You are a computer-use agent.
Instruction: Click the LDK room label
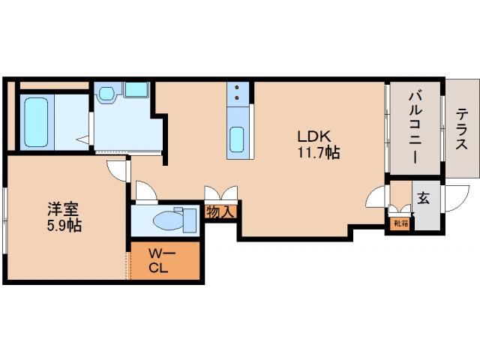(x=314, y=136)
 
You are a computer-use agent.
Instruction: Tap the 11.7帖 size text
(x=318, y=152)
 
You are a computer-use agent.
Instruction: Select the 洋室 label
(x=63, y=209)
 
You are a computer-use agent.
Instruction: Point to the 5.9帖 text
(x=64, y=225)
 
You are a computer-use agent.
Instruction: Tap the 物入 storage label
(x=220, y=211)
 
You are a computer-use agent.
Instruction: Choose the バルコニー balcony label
(x=415, y=127)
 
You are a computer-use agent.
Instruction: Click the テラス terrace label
(x=461, y=129)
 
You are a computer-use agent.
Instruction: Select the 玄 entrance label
(x=423, y=198)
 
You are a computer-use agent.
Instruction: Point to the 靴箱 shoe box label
(x=401, y=223)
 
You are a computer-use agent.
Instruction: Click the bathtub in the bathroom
(x=37, y=122)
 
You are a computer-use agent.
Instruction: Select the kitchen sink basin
(x=237, y=139)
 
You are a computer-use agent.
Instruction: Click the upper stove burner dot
(x=237, y=88)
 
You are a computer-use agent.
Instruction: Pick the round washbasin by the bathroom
(x=106, y=93)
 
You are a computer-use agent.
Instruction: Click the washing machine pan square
(x=136, y=89)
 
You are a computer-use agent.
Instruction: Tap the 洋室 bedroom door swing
(x=117, y=170)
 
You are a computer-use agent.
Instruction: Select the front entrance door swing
(x=457, y=198)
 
